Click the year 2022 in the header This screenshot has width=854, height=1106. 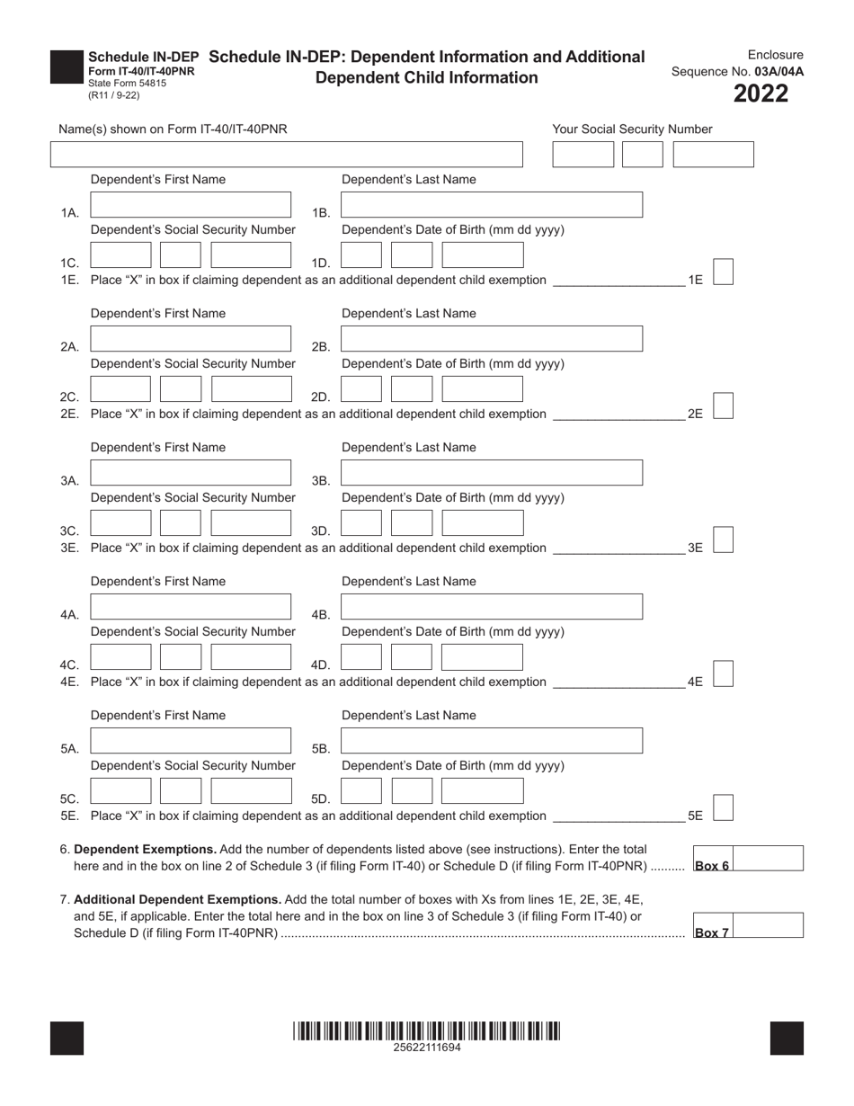[x=761, y=94]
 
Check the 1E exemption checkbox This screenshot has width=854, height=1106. [x=723, y=272]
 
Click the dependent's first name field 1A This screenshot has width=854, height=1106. [x=191, y=205]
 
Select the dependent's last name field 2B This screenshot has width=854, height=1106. [x=492, y=339]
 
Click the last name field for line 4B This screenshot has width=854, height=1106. [x=492, y=607]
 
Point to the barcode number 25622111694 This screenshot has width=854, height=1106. [x=427, y=1048]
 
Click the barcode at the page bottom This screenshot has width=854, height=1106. [x=427, y=1030]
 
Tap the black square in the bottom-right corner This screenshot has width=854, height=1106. [x=787, y=1038]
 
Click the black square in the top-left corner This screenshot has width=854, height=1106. [x=67, y=67]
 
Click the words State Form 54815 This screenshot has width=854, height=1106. [x=127, y=83]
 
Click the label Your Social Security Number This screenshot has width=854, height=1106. [x=632, y=129]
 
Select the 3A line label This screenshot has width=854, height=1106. [x=70, y=481]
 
